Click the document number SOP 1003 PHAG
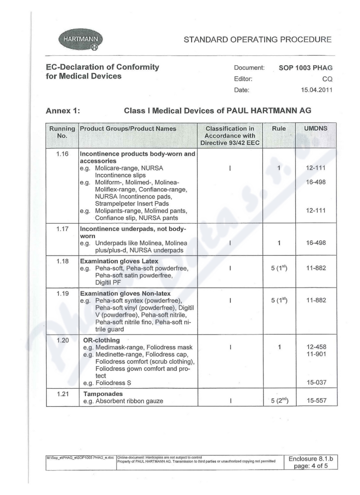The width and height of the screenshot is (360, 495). coord(302,67)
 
